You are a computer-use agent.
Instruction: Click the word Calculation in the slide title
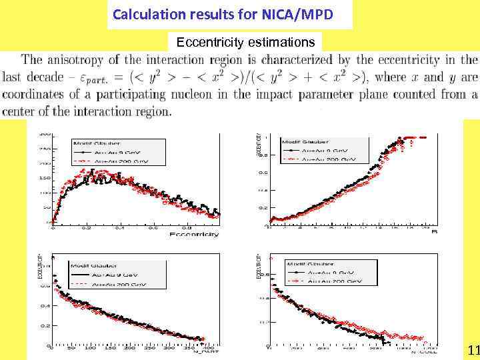[x=143, y=13]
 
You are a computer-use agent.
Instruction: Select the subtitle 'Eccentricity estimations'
[x=245, y=43]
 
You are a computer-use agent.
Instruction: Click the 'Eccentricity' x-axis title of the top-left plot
[x=194, y=234]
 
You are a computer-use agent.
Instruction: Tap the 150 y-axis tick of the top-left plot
[x=45, y=178]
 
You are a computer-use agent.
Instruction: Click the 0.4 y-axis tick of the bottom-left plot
[x=45, y=306]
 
